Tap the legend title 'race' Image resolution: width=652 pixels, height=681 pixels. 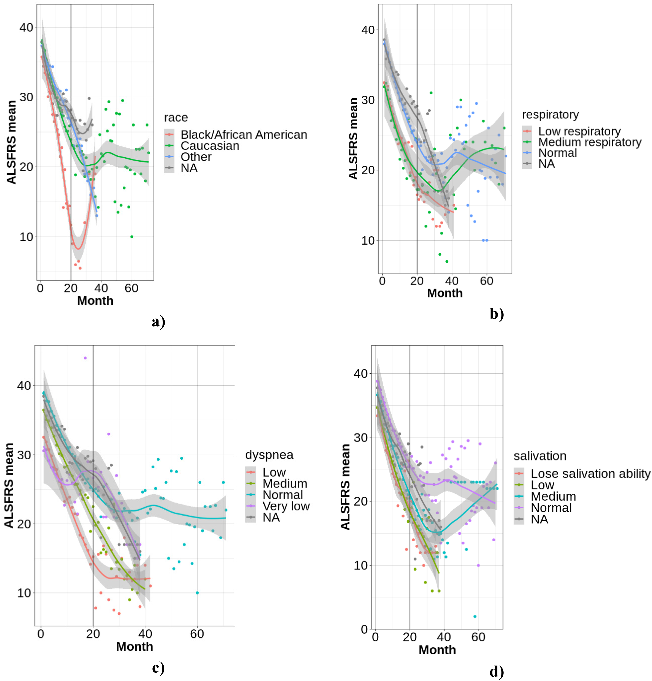click(176, 118)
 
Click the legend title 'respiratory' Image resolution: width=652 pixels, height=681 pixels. click(551, 115)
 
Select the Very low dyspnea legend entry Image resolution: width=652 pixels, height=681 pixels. click(286, 506)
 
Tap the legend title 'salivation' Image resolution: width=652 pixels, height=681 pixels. click(540, 456)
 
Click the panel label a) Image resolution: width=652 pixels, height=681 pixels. click(158, 322)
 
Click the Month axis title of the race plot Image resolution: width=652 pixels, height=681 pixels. click(95, 301)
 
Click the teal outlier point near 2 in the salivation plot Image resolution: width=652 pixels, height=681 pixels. click(475, 616)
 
